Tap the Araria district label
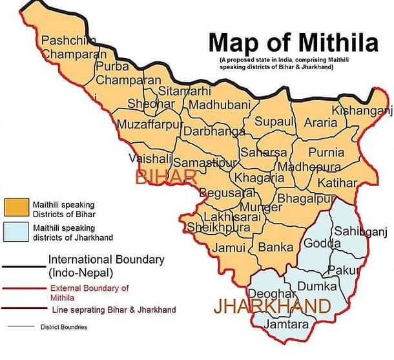click(320, 122)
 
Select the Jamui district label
click(229, 248)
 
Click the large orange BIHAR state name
click(165, 176)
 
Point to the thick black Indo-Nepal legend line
click(22, 267)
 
